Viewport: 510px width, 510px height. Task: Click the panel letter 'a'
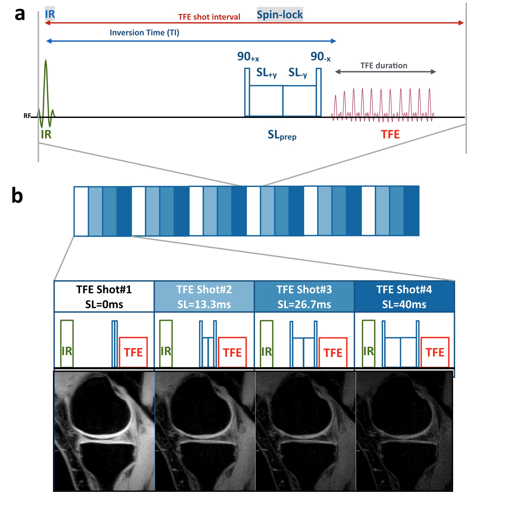(20, 14)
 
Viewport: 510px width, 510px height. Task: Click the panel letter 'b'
(17, 195)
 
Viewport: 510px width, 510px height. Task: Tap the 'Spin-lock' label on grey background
(280, 15)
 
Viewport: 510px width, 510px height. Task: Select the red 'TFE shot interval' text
(209, 17)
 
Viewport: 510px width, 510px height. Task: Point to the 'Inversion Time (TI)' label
(144, 33)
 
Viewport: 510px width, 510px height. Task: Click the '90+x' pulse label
(248, 57)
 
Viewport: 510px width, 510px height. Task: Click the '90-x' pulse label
(320, 57)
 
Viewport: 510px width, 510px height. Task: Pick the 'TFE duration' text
(384, 66)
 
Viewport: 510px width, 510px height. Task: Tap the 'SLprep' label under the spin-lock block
(282, 135)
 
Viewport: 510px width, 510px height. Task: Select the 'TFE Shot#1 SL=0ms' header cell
(104, 296)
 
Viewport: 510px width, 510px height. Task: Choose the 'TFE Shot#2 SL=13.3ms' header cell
(204, 296)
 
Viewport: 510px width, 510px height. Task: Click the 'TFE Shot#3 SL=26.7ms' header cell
(304, 296)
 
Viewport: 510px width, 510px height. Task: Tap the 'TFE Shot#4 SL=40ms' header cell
(404, 296)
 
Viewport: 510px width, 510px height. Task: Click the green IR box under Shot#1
(67, 343)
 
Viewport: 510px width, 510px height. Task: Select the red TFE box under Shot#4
(435, 352)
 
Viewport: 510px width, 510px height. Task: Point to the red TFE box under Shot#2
(232, 352)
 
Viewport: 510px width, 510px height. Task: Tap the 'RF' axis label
(27, 116)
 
